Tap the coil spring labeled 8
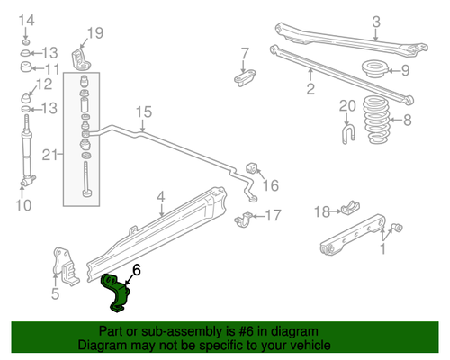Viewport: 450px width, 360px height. pos(376,120)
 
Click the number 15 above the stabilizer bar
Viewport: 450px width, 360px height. pos(144,112)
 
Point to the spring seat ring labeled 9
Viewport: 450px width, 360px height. pos(375,69)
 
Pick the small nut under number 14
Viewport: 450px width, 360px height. pos(26,41)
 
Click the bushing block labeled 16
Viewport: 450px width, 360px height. pos(251,168)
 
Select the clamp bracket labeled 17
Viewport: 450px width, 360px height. pos(243,220)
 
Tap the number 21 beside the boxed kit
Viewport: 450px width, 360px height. pos(49,155)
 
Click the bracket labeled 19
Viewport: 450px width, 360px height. pos(80,58)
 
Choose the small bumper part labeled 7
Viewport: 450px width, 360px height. pos(245,77)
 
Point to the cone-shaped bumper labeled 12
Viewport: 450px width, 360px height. pos(26,97)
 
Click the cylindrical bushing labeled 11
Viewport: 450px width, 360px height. pos(26,67)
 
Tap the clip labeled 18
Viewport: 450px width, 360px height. pos(350,207)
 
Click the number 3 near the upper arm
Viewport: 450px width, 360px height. pos(376,22)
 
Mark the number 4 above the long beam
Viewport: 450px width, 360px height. pos(161,197)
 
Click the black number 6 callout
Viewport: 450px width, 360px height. pos(137,270)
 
